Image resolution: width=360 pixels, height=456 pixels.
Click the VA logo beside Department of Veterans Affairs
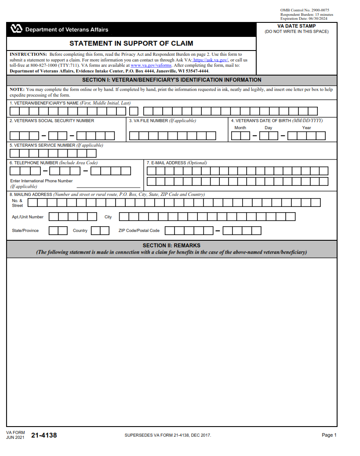16,29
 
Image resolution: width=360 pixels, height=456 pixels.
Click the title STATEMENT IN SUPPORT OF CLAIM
131,43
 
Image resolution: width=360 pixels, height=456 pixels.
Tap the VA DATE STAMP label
296,26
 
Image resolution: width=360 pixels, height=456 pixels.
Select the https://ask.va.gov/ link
211,60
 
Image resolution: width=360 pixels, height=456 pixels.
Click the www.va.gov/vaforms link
151,65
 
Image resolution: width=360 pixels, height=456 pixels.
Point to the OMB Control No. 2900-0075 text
305,10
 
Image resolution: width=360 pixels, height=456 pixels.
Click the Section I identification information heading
171,80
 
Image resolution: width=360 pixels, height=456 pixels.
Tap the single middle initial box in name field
134,111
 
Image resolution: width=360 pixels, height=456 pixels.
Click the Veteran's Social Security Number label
52,121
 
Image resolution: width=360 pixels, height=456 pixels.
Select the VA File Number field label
162,121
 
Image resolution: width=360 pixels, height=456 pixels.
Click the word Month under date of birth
240,128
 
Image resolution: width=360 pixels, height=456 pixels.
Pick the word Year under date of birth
306,128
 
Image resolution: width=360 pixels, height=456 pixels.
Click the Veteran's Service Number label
56,145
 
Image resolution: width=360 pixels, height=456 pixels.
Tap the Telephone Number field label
53,163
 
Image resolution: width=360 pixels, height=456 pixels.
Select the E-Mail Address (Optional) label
177,163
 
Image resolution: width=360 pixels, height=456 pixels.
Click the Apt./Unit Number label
28,217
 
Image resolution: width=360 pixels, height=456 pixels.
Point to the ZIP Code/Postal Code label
139,231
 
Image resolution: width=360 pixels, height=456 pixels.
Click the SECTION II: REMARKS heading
171,246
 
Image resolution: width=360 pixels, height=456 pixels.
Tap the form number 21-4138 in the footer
44,435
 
